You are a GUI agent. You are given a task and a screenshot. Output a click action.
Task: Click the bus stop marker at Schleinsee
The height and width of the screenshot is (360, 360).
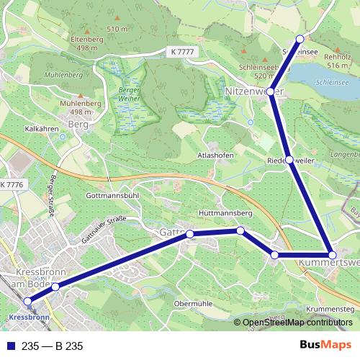(x=300, y=39)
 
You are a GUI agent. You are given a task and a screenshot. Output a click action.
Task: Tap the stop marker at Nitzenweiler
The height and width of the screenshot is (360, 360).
(x=271, y=91)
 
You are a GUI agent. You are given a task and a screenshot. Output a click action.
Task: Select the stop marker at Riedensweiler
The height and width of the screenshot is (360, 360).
(x=289, y=160)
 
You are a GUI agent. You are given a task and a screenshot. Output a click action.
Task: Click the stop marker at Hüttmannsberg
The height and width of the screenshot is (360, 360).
(x=240, y=230)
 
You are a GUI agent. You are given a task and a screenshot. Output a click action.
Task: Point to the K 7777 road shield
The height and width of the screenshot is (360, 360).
(x=183, y=52)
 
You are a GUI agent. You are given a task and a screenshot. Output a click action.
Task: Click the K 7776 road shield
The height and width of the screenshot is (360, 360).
(x=12, y=186)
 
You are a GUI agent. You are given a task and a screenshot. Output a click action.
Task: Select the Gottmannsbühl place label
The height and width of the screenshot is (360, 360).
(x=111, y=195)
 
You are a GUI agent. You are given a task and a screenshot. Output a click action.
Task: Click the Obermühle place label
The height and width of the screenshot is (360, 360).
(x=195, y=304)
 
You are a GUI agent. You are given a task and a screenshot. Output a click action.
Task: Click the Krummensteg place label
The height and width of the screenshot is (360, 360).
(x=330, y=309)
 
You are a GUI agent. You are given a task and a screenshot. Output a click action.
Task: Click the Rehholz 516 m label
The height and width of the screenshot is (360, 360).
(x=337, y=60)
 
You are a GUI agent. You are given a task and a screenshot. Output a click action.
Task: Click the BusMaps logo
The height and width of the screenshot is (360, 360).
(x=325, y=346)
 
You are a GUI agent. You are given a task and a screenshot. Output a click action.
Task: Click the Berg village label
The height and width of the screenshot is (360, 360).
(x=76, y=125)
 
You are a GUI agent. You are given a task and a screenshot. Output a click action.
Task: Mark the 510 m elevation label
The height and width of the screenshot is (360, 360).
(x=117, y=28)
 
